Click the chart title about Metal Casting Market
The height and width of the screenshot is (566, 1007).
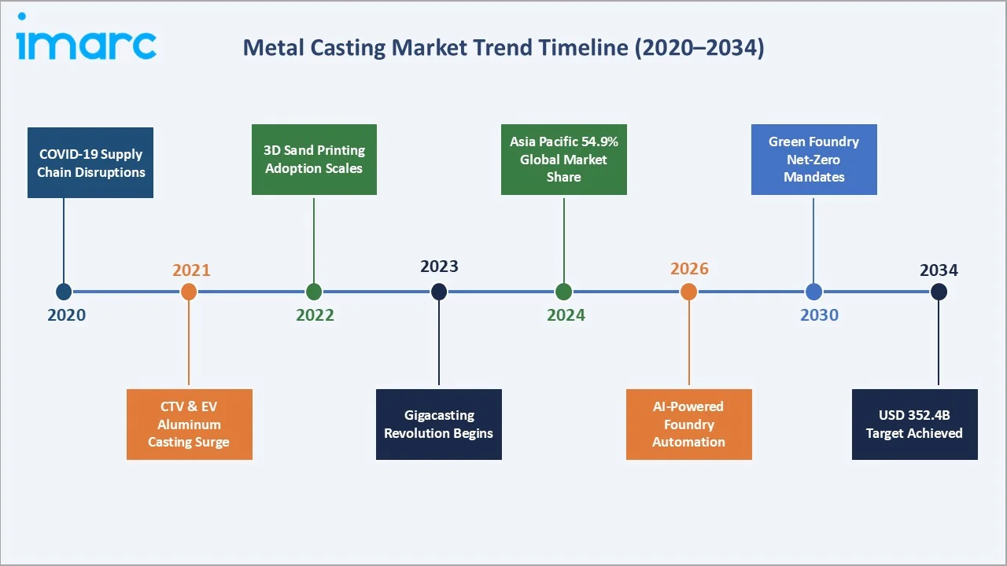[503, 47]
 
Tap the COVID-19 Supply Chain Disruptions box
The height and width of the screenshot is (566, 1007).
[90, 163]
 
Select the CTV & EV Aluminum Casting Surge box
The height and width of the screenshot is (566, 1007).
[190, 424]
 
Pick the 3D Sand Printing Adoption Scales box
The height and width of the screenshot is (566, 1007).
[314, 160]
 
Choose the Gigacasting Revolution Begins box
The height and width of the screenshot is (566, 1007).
[438, 424]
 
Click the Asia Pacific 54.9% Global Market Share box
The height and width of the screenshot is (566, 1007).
[563, 160]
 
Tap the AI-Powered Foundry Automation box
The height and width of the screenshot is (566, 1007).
[688, 424]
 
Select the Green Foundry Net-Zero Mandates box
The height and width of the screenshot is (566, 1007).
[813, 160]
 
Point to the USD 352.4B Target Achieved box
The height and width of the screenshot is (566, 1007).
[914, 424]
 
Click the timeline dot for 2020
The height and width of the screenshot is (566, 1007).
[64, 292]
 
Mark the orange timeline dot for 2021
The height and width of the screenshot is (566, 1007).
[189, 292]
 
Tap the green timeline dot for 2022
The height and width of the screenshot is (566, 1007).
[314, 292]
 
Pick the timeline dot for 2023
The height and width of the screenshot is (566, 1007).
[439, 292]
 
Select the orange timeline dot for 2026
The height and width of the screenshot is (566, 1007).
[688, 292]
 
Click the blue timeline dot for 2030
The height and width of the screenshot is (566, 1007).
[813, 292]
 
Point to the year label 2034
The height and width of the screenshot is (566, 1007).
[939, 270]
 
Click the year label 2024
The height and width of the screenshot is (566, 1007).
[566, 315]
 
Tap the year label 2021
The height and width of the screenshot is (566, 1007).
[191, 270]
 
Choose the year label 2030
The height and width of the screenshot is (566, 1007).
[819, 315]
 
